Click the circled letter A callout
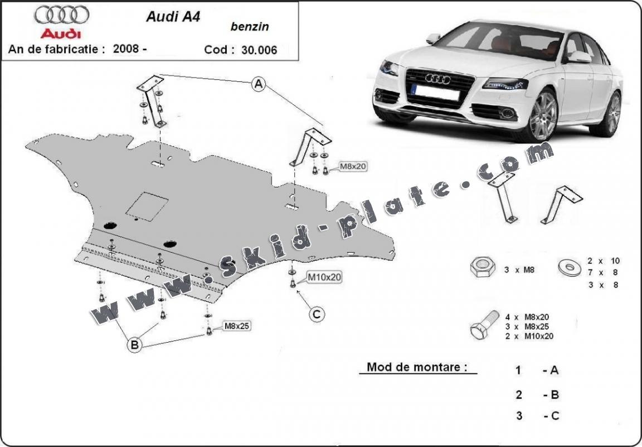(x=258, y=84)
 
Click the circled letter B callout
(x=134, y=345)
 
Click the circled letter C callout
(x=317, y=315)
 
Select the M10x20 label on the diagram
(x=325, y=276)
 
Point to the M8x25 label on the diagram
(x=236, y=326)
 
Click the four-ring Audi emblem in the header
(x=61, y=15)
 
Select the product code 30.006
(x=259, y=49)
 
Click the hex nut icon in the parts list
(x=481, y=268)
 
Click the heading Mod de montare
(x=414, y=367)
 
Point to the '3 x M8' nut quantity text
(x=519, y=270)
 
